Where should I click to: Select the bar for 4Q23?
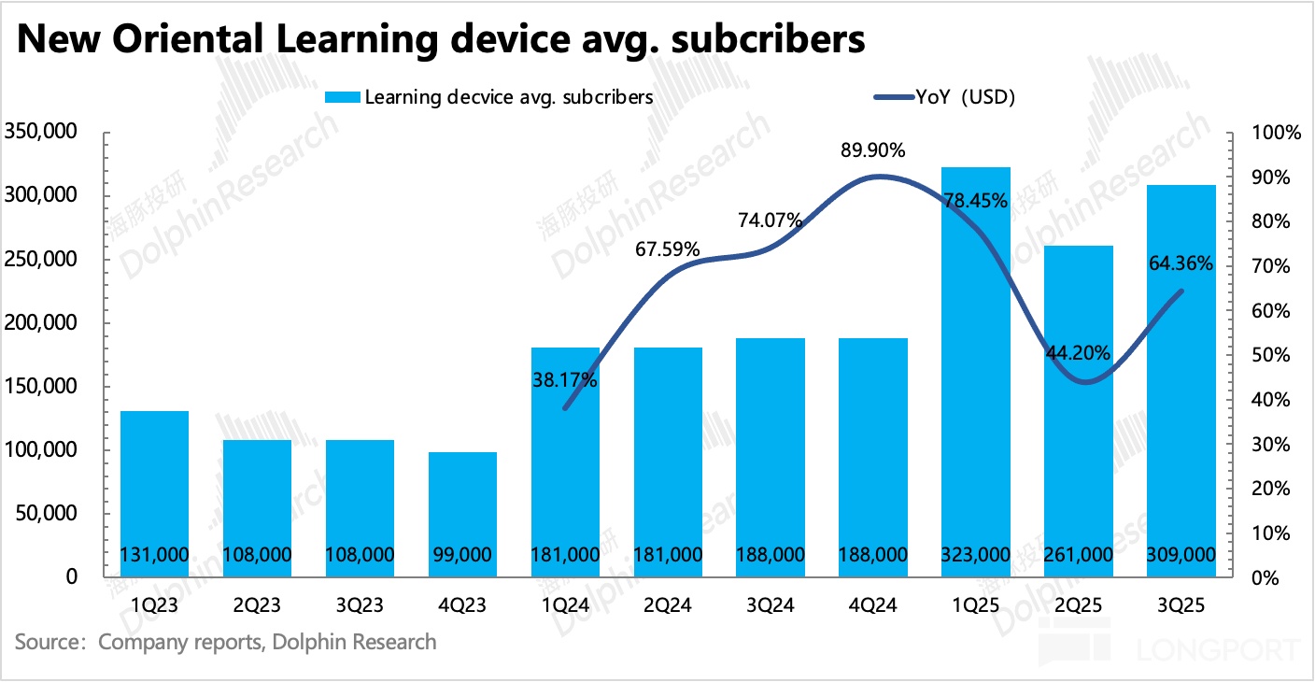pyautogui.click(x=462, y=514)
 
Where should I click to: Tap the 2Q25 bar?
pyautogui.click(x=1079, y=411)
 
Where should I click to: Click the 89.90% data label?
pyautogui.click(x=872, y=151)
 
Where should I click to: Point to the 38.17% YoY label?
pyautogui.click(x=565, y=380)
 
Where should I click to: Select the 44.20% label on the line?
pyautogui.click(x=1078, y=353)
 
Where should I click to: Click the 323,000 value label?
pyautogui.click(x=977, y=555)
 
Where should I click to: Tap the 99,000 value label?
pyautogui.click(x=462, y=555)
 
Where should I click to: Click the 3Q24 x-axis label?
pyautogui.click(x=771, y=606)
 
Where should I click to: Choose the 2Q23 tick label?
pyautogui.click(x=257, y=606)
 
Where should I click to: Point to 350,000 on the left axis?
pyautogui.click(x=41, y=133)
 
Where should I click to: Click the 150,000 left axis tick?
pyautogui.click(x=41, y=387)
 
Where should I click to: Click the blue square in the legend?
pyautogui.click(x=342, y=97)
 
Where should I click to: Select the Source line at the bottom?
pyautogui.click(x=225, y=642)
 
